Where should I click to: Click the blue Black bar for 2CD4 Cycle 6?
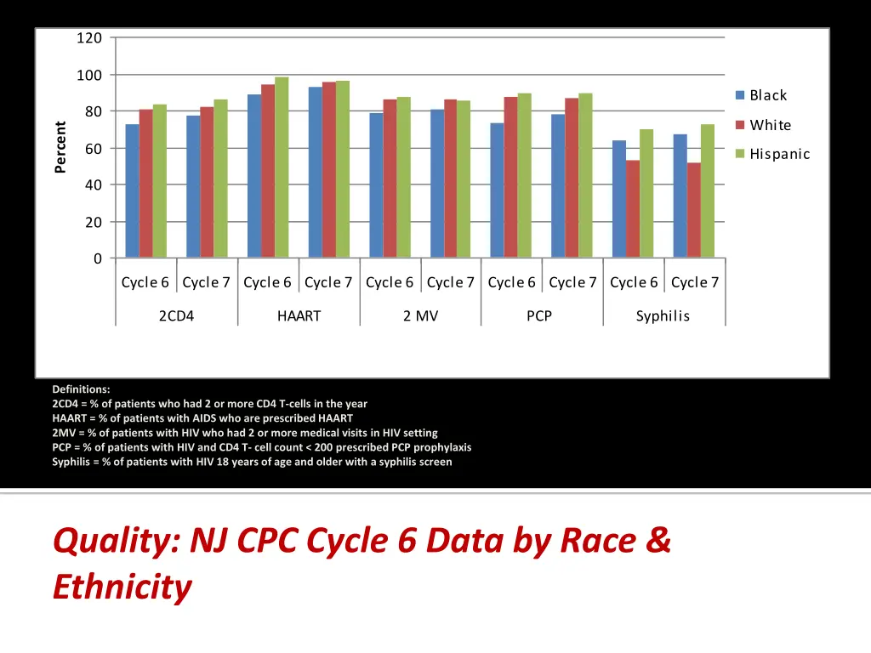point(132,191)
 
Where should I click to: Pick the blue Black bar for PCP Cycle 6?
point(497,190)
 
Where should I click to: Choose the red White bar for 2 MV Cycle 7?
point(450,179)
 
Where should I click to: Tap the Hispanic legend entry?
point(778,154)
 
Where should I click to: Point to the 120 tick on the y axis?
point(89,38)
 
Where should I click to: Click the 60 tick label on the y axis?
point(93,149)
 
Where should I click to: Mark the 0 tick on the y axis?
point(98,258)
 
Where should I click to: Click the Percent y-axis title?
point(60,147)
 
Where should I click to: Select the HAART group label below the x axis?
point(299,316)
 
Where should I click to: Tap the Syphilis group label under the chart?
point(663,316)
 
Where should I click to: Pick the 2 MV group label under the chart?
point(420,316)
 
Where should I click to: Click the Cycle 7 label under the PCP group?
point(572,282)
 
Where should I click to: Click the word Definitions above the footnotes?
point(81,389)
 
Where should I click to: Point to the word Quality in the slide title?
point(113,541)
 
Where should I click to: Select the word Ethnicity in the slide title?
point(122,587)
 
